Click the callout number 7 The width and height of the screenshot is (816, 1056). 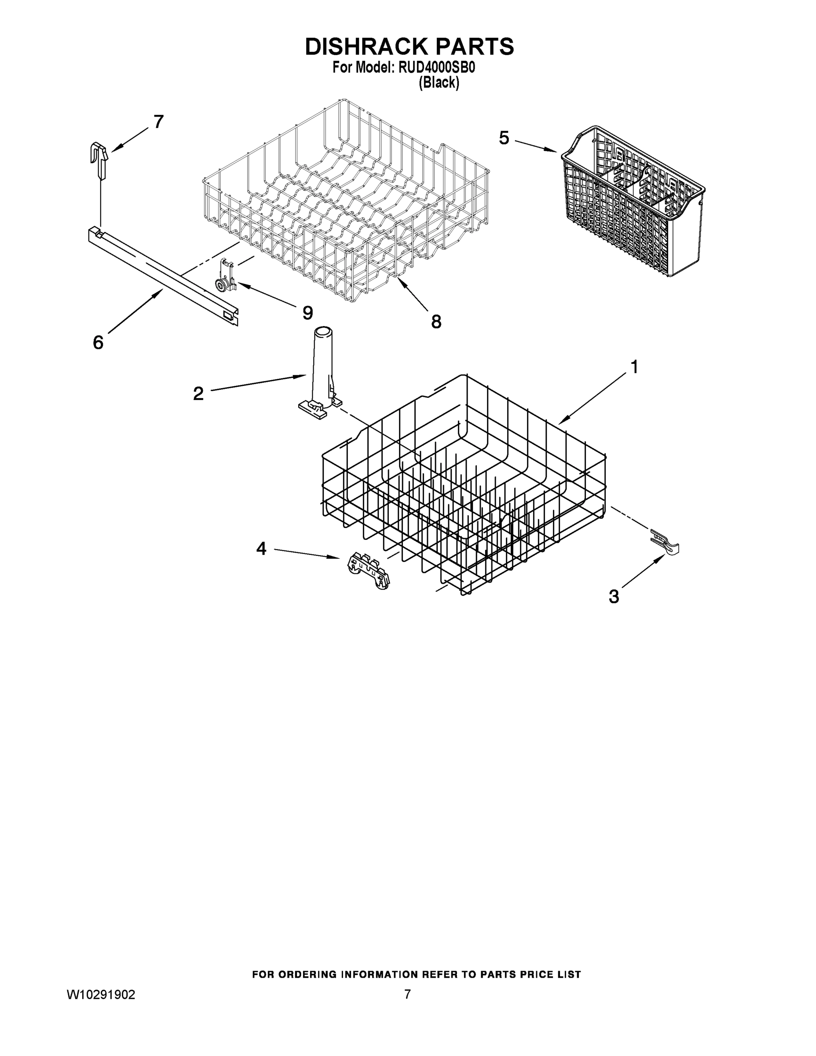point(158,122)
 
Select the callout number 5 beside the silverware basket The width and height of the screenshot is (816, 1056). point(504,138)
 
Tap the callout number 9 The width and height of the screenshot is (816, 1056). point(307,313)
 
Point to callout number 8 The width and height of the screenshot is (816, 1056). point(436,322)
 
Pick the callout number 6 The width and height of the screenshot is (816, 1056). point(98,342)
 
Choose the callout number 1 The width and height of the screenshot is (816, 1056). point(634,367)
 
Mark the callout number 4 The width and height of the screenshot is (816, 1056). point(261,548)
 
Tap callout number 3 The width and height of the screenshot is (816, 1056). point(614,597)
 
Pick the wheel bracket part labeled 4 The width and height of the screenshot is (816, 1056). point(369,572)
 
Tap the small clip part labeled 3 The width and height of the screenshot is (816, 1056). point(665,542)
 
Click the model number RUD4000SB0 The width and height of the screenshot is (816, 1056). point(436,68)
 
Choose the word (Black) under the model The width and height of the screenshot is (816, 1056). point(439,83)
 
